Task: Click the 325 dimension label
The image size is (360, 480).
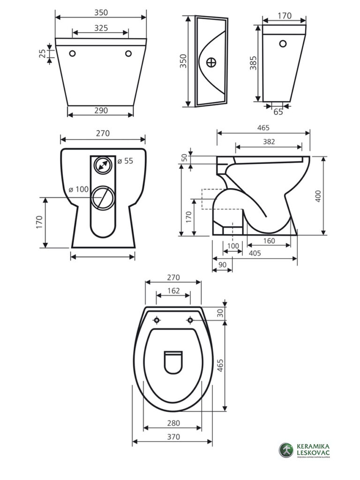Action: click(100, 28)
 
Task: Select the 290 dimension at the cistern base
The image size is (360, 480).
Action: click(101, 111)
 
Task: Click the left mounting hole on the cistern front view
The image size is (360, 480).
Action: click(73, 53)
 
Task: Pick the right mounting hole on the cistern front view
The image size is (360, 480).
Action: click(128, 53)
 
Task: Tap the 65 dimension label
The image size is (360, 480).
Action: click(278, 112)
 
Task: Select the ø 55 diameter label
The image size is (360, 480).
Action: click(125, 161)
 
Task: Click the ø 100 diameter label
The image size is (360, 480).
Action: click(78, 189)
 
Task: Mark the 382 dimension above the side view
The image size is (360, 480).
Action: click(269, 142)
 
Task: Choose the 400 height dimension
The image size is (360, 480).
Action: click(318, 196)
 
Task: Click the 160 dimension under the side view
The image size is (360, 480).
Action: click(269, 241)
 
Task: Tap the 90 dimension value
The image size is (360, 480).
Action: click(223, 265)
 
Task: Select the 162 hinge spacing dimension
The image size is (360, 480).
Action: click(173, 291)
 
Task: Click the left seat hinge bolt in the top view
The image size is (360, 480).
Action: click(157, 320)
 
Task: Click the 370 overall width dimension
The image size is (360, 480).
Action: click(173, 437)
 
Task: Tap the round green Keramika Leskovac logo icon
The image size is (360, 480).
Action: click(286, 450)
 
